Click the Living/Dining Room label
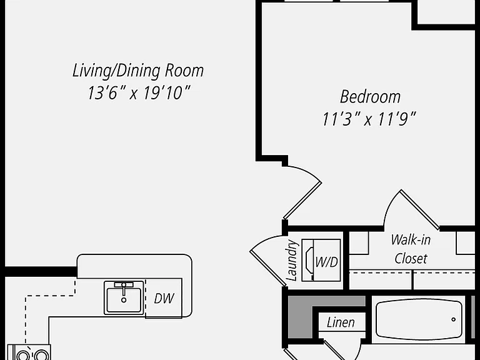(138, 71)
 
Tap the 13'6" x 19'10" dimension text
(139, 92)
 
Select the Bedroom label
(370, 97)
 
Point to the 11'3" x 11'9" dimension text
(369, 119)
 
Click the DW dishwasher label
(164, 299)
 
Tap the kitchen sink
(124, 298)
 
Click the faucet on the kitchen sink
(124, 289)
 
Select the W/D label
(327, 262)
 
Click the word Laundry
(292, 261)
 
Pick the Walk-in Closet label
(411, 249)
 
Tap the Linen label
(341, 322)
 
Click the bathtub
(419, 319)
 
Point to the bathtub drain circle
(453, 319)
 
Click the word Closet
(411, 259)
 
